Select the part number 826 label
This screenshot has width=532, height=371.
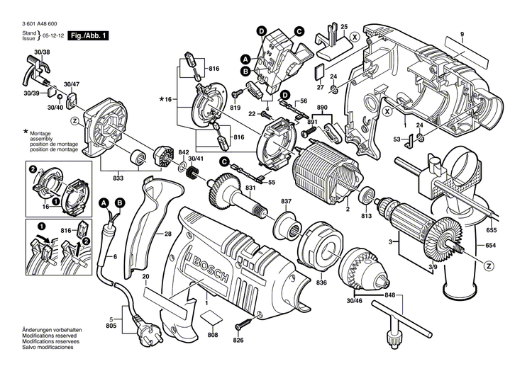click(238, 341)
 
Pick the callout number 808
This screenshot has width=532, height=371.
click(212, 335)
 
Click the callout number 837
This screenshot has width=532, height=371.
click(286, 202)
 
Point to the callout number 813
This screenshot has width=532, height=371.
click(366, 215)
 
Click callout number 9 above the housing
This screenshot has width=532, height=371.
click(460, 35)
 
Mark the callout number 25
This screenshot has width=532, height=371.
click(344, 27)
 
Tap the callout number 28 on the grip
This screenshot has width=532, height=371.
click(167, 234)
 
